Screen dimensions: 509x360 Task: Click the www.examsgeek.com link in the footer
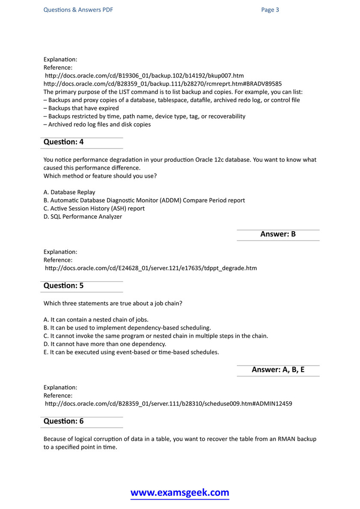coord(180,493)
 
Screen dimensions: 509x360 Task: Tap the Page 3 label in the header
coord(270,10)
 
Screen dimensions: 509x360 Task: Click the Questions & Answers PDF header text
coord(78,10)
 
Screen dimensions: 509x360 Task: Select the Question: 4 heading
coord(64,142)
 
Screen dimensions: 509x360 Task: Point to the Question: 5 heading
coord(64,286)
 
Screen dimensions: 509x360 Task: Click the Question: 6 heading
coord(64,421)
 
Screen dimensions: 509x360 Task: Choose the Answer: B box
coord(278,234)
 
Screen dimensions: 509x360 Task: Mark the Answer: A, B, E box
coord(278,370)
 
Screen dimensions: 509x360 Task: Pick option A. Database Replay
coord(69,192)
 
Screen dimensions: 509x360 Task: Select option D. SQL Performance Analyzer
coord(83,217)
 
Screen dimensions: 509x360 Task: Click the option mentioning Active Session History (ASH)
coord(94,208)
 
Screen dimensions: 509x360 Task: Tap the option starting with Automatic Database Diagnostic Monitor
coord(144,200)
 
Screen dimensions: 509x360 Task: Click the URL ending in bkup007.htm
coord(144,76)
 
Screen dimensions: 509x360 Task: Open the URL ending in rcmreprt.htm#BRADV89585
coord(163,84)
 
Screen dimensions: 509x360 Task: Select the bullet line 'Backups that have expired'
coord(81,108)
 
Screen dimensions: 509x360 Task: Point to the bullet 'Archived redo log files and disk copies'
coord(97,125)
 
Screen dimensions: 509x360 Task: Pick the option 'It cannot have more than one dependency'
coord(105,344)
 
